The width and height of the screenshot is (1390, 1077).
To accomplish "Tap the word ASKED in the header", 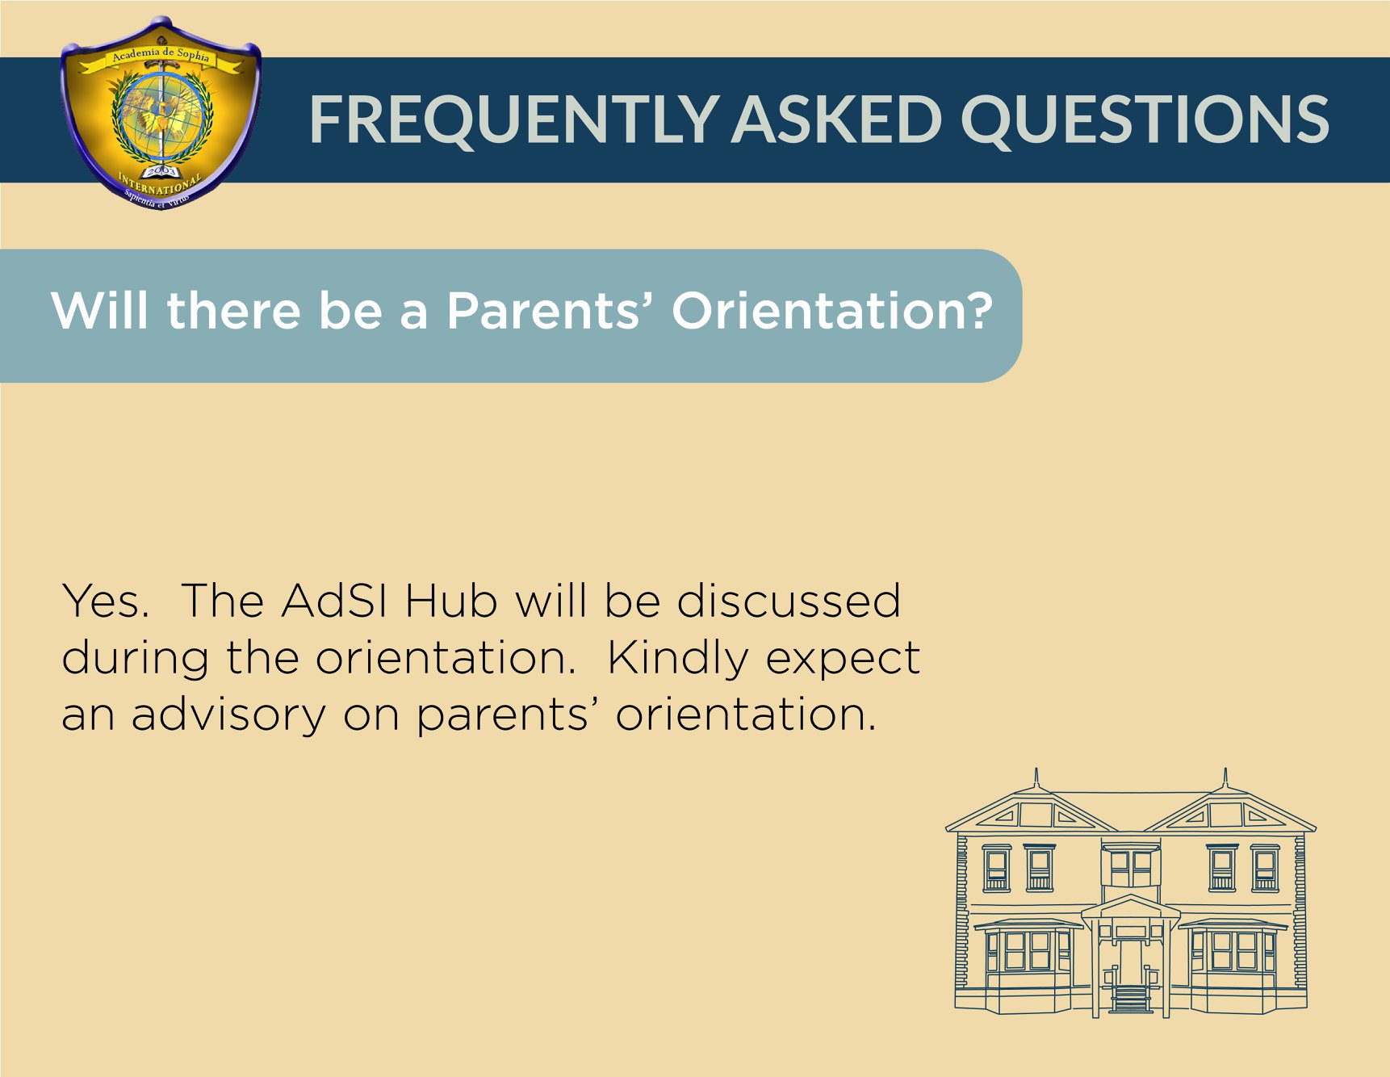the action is pyautogui.click(x=837, y=119).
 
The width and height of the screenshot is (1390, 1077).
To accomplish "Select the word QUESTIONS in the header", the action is pyautogui.click(x=1144, y=119).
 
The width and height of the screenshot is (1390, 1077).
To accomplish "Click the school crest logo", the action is pyautogui.click(x=161, y=114).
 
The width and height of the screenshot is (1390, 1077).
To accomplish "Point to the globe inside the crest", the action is pyautogui.click(x=163, y=117).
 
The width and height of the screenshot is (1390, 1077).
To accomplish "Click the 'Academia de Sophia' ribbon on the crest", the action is pyautogui.click(x=161, y=56).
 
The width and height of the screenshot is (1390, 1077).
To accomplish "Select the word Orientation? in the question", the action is pyautogui.click(x=832, y=311).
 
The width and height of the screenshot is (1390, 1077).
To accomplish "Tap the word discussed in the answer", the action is pyautogui.click(x=789, y=601).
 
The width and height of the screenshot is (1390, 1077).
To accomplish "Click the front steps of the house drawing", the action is pyautogui.click(x=1131, y=999).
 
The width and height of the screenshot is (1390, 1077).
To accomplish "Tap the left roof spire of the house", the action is pyautogui.click(x=1036, y=779).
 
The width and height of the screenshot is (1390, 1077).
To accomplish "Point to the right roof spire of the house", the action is pyautogui.click(x=1225, y=779).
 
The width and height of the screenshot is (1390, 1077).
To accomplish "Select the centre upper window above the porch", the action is pyautogui.click(x=1131, y=868).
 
